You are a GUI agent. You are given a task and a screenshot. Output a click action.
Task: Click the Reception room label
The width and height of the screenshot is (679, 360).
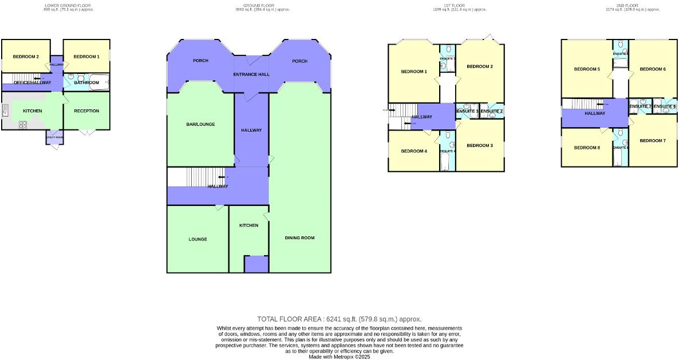pyautogui.click(x=86, y=111)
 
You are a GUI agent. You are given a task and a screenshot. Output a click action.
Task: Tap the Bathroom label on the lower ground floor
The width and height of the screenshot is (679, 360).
pyautogui.click(x=86, y=83)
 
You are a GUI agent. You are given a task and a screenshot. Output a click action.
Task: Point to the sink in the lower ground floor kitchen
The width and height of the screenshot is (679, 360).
pyautogui.click(x=6, y=110)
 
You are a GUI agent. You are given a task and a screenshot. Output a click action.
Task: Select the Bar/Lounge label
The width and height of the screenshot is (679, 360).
pyautogui.click(x=200, y=124)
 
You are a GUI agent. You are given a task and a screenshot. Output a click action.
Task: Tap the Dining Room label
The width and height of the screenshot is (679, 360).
pyautogui.click(x=299, y=238)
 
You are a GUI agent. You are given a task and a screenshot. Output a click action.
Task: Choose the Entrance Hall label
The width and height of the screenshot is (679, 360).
pyautogui.click(x=251, y=75)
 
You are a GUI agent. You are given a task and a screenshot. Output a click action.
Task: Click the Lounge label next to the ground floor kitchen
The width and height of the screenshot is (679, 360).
pyautogui.click(x=198, y=239)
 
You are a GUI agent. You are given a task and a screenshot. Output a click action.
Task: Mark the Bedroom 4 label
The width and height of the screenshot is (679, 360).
pyautogui.click(x=414, y=151)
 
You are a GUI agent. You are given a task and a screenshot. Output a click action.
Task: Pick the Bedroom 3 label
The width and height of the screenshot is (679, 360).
pyautogui.click(x=480, y=145)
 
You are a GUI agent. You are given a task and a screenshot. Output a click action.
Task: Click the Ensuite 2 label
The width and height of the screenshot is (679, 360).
pyautogui.click(x=492, y=111)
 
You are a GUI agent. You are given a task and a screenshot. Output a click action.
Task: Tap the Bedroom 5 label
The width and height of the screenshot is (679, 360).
pyautogui.click(x=587, y=69)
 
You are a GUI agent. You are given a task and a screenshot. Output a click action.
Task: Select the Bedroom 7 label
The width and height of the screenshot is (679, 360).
pyautogui.click(x=653, y=141)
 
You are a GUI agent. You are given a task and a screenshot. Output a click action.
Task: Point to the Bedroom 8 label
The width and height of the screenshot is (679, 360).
pyautogui.click(x=587, y=148)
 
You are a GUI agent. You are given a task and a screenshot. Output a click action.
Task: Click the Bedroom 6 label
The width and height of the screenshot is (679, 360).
pyautogui.click(x=653, y=69)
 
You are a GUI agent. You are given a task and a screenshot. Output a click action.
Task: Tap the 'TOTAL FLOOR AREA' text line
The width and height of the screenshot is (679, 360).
pyautogui.click(x=339, y=319)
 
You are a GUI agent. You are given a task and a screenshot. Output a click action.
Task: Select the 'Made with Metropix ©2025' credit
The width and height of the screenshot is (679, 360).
pyautogui.click(x=339, y=357)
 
